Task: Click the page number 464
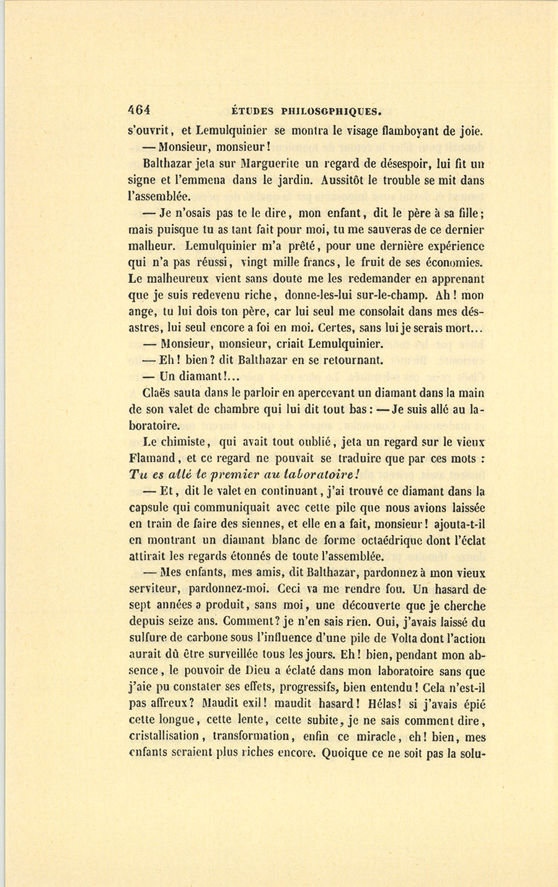[139, 110]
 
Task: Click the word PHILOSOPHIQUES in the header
[330, 112]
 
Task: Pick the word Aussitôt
[348, 181]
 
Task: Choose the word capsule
[151, 508]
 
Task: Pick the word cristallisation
[164, 736]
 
